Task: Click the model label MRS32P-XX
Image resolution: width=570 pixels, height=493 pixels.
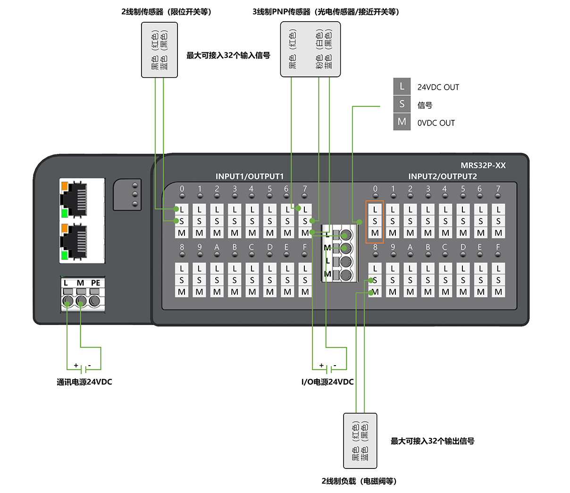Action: pos(483,166)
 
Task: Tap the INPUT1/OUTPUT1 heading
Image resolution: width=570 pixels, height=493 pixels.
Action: pos(250,176)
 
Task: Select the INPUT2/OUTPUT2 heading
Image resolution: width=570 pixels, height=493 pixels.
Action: pos(443,176)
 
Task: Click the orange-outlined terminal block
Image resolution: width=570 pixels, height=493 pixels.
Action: pos(375,221)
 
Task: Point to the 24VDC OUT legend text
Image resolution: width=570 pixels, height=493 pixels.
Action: pos(438,87)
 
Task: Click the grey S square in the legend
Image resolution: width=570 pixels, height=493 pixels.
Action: pos(402,104)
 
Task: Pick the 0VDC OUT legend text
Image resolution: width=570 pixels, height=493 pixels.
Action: pos(436,123)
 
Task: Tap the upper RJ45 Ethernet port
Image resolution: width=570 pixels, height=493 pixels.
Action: pos(75,199)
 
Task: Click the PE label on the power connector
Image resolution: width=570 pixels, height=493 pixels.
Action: pos(96,283)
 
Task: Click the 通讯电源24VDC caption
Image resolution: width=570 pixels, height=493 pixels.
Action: pos(84,382)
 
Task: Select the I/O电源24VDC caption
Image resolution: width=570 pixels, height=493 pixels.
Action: pos(327,382)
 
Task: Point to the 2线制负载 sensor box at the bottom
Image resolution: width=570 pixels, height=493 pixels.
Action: pos(360,441)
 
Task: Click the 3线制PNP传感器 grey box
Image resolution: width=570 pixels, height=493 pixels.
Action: pos(310,50)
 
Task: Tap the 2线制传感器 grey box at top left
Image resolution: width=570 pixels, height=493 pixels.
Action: pos(159,50)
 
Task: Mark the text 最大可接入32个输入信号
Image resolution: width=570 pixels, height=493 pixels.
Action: pos(228,56)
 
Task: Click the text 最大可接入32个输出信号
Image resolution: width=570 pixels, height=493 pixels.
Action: pos(432,441)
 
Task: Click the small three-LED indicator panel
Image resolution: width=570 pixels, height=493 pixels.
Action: pos(127,194)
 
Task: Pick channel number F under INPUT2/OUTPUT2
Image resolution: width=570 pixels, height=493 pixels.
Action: pos(498,247)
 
